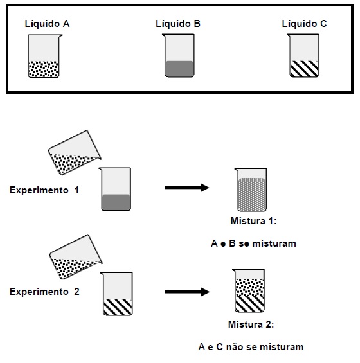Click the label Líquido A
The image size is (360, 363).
(48, 24)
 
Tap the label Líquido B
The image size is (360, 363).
(178, 24)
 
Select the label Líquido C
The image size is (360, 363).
(304, 24)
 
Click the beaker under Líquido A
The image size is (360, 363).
(44, 56)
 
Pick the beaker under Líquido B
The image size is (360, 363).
(179, 55)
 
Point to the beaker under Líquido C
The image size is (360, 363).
(304, 55)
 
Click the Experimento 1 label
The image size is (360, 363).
(44, 190)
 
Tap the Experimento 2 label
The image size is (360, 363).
(44, 292)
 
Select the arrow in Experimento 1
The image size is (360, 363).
(186, 188)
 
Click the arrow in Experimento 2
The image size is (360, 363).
(188, 292)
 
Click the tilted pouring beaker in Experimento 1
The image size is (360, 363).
(75, 152)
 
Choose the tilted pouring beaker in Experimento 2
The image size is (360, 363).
(76, 257)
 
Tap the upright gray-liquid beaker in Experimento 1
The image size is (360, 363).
(115, 189)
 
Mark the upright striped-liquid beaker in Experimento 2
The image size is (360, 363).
(117, 294)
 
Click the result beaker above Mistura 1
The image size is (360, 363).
(251, 190)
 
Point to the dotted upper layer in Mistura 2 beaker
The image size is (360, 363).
(249, 287)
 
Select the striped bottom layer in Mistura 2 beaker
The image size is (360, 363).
(249, 303)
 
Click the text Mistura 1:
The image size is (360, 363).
(254, 221)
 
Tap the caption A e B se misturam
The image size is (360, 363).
(254, 243)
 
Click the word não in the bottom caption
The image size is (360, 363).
(235, 347)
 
